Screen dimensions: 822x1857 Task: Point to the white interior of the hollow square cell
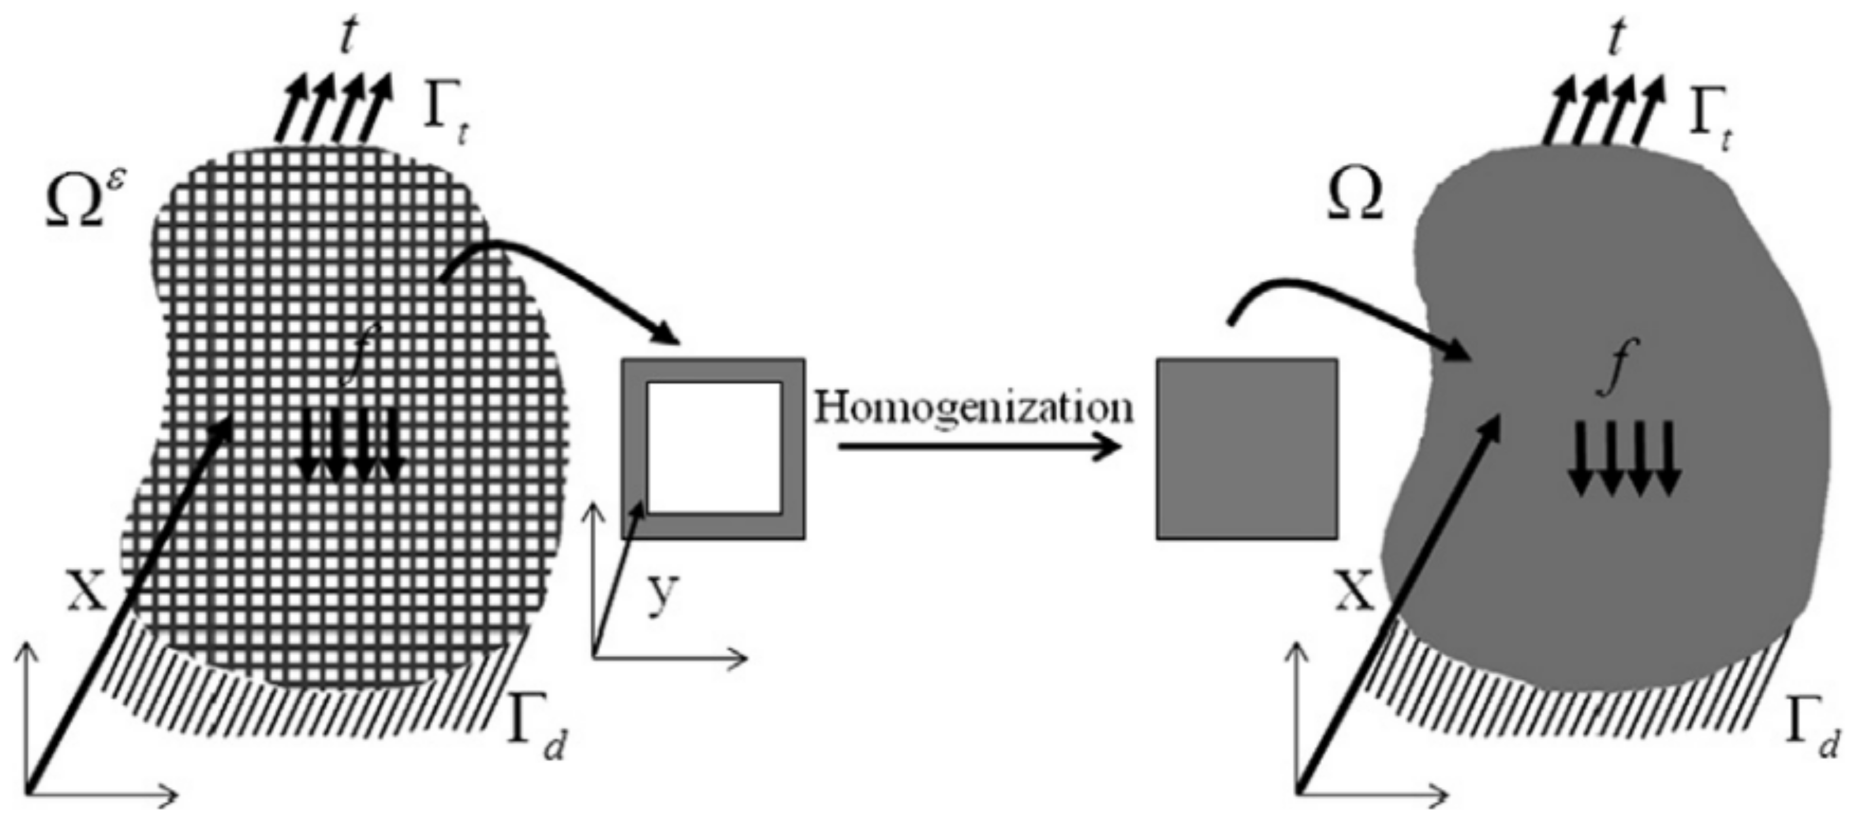click(x=714, y=447)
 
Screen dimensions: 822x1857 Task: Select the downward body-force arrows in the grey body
click(x=1625, y=469)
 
